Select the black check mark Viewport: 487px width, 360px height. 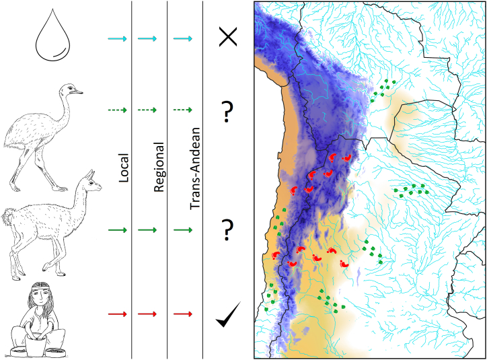229,316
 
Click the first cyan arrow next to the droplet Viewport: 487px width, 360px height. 117,40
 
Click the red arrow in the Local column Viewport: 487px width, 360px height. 117,314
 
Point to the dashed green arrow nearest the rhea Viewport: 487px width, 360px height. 117,109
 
